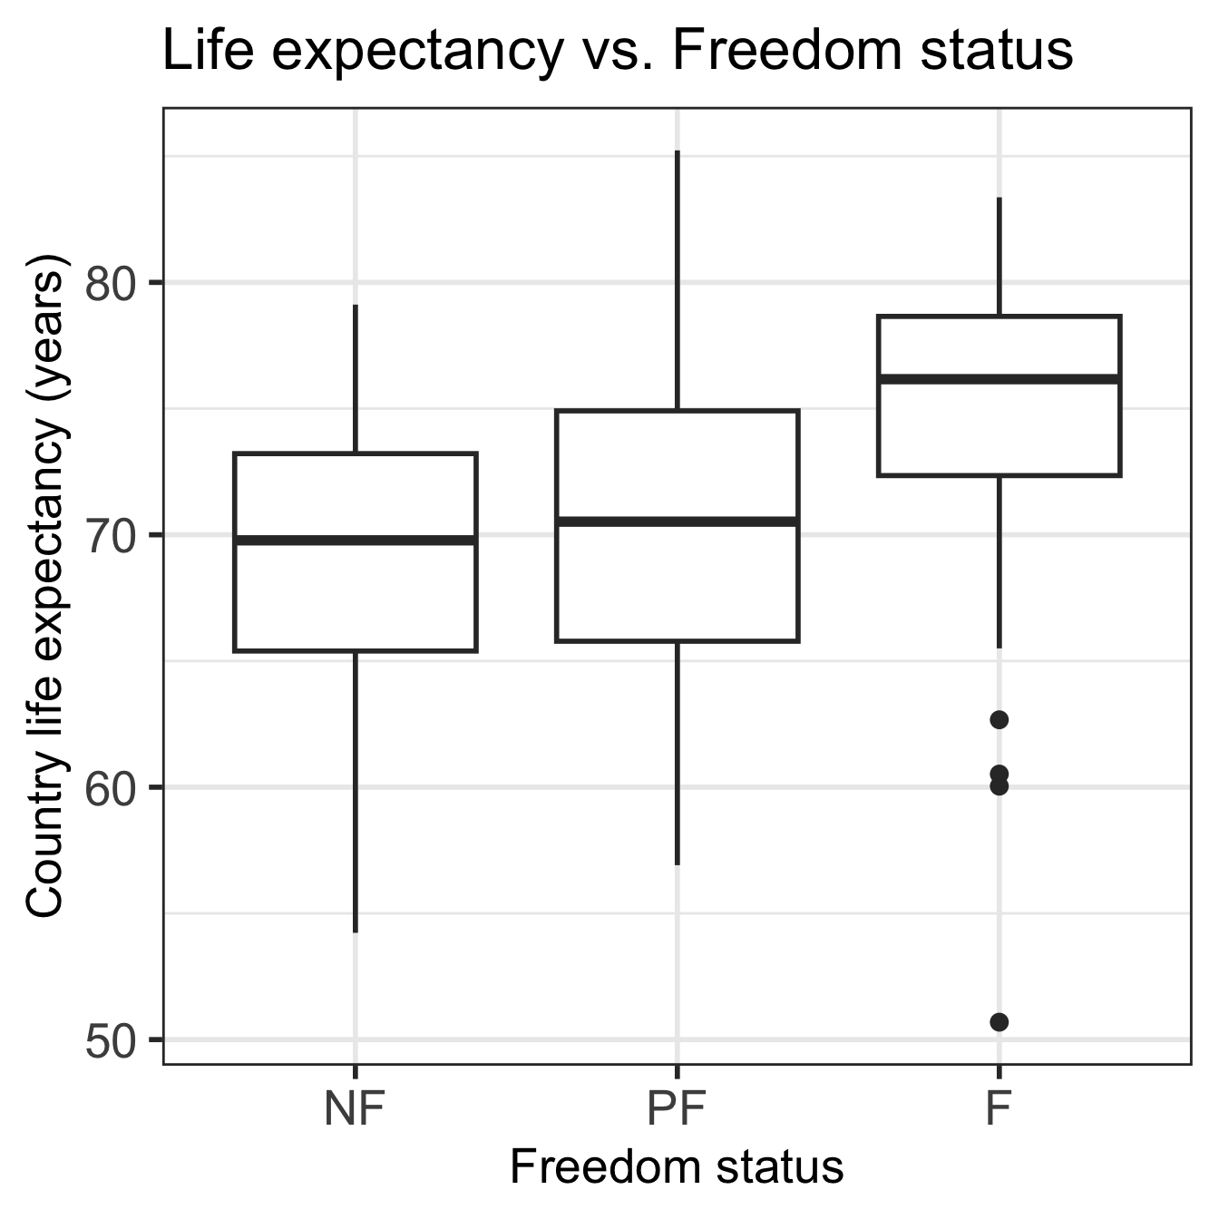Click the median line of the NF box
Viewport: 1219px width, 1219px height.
click(356, 540)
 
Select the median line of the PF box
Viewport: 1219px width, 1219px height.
click(678, 522)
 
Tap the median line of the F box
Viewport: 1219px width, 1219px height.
click(1000, 378)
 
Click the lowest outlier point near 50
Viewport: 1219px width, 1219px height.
click(1000, 1022)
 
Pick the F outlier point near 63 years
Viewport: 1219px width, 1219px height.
click(1000, 720)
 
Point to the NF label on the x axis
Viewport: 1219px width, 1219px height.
click(355, 1108)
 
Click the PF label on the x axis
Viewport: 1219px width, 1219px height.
click(677, 1108)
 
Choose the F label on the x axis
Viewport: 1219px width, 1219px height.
click(999, 1108)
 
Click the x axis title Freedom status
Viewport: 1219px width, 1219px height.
click(677, 1167)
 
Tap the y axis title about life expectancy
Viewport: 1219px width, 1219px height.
click(45, 585)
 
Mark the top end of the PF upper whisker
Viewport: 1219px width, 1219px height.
click(678, 151)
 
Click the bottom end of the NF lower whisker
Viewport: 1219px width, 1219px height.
click(356, 931)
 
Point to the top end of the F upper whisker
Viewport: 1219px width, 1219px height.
click(1000, 198)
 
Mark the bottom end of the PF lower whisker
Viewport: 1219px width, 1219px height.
click(678, 863)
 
